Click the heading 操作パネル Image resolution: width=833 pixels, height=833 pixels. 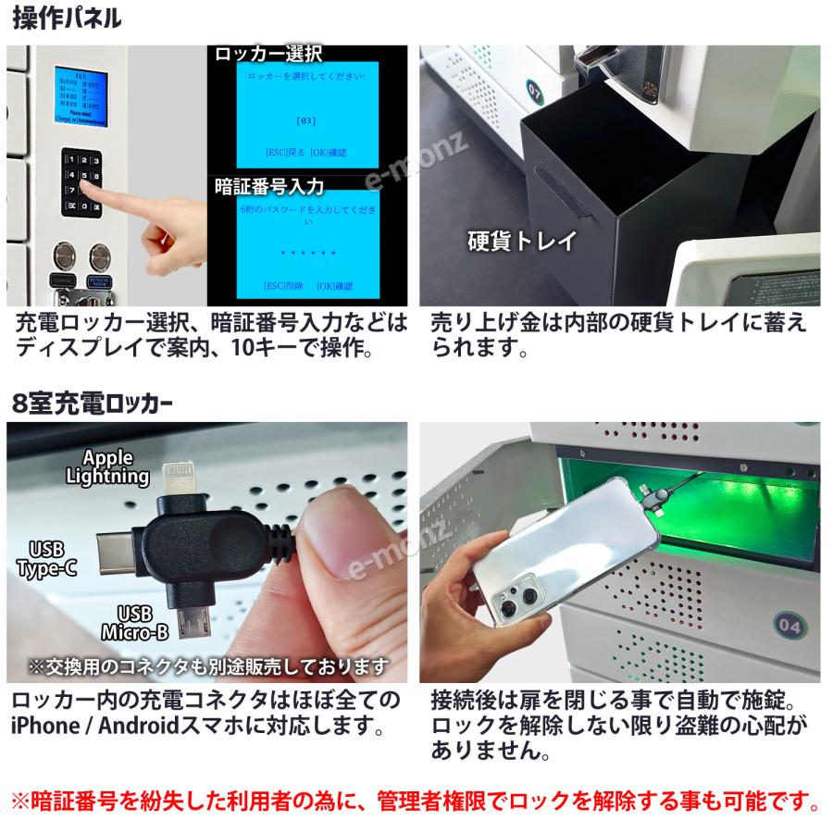click(x=68, y=19)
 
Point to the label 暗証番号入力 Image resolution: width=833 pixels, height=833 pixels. click(x=269, y=187)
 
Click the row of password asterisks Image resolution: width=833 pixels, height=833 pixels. click(x=308, y=252)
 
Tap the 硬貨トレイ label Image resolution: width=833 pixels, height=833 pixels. click(x=522, y=242)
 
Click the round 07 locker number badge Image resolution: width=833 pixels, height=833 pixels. click(x=534, y=91)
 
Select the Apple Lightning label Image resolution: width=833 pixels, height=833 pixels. click(x=107, y=467)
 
